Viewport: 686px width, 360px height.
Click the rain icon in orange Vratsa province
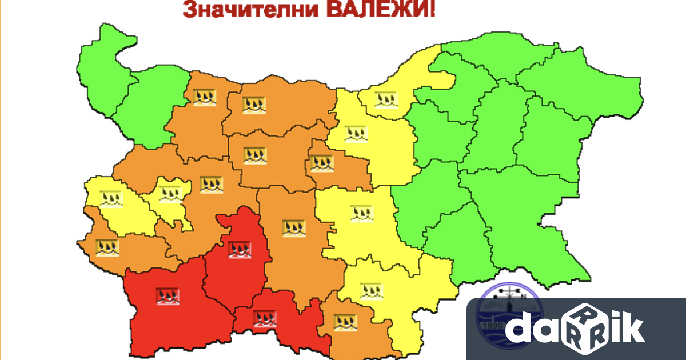tap(204, 97)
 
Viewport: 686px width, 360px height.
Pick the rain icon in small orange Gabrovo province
tap(321, 163)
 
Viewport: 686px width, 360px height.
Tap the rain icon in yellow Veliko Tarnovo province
tap(356, 134)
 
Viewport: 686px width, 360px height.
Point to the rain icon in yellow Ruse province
tap(386, 99)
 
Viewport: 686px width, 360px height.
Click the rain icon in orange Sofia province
tap(211, 185)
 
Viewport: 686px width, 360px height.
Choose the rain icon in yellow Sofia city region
tap(170, 194)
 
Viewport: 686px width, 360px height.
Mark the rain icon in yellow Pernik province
tap(111, 198)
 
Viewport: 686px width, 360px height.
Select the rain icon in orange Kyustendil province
tap(107, 247)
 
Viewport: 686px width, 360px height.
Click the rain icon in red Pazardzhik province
tap(240, 249)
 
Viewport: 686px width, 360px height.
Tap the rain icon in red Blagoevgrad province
tap(167, 295)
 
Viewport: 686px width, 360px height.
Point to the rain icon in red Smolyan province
tap(265, 318)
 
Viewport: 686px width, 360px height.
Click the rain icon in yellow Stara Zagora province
tap(361, 213)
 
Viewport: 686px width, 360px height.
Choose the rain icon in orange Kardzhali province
tap(345, 322)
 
